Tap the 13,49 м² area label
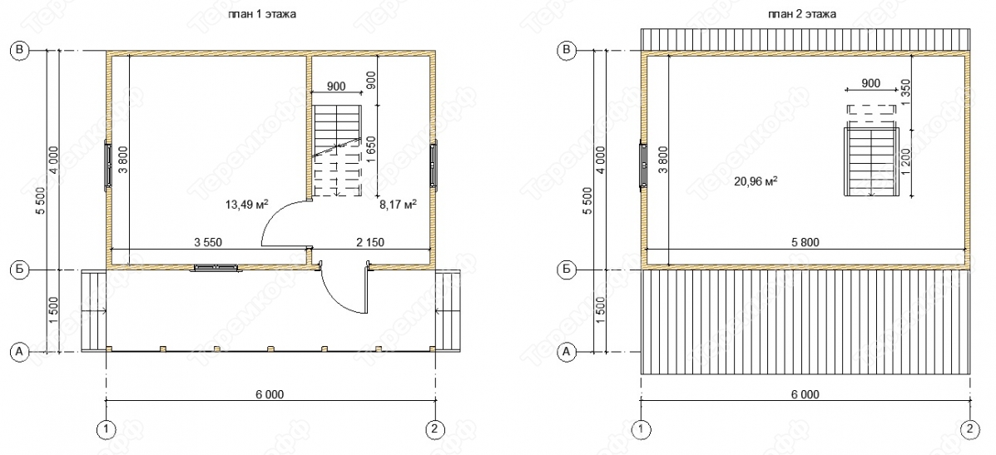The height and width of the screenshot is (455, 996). tap(246, 204)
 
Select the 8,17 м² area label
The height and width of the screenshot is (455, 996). tap(398, 205)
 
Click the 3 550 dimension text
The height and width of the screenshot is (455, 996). tap(208, 242)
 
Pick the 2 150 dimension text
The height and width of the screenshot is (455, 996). tap(369, 242)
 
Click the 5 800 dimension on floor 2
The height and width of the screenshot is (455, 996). tap(805, 242)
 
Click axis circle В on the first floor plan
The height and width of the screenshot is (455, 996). tap(20, 51)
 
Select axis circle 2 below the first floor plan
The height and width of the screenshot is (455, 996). tap(434, 429)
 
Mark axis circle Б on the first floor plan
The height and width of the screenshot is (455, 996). tap(20, 270)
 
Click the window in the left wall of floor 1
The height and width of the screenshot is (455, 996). tap(107, 166)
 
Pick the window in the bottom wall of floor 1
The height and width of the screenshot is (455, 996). tap(216, 268)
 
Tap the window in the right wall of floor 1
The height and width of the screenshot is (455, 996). tap(434, 166)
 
